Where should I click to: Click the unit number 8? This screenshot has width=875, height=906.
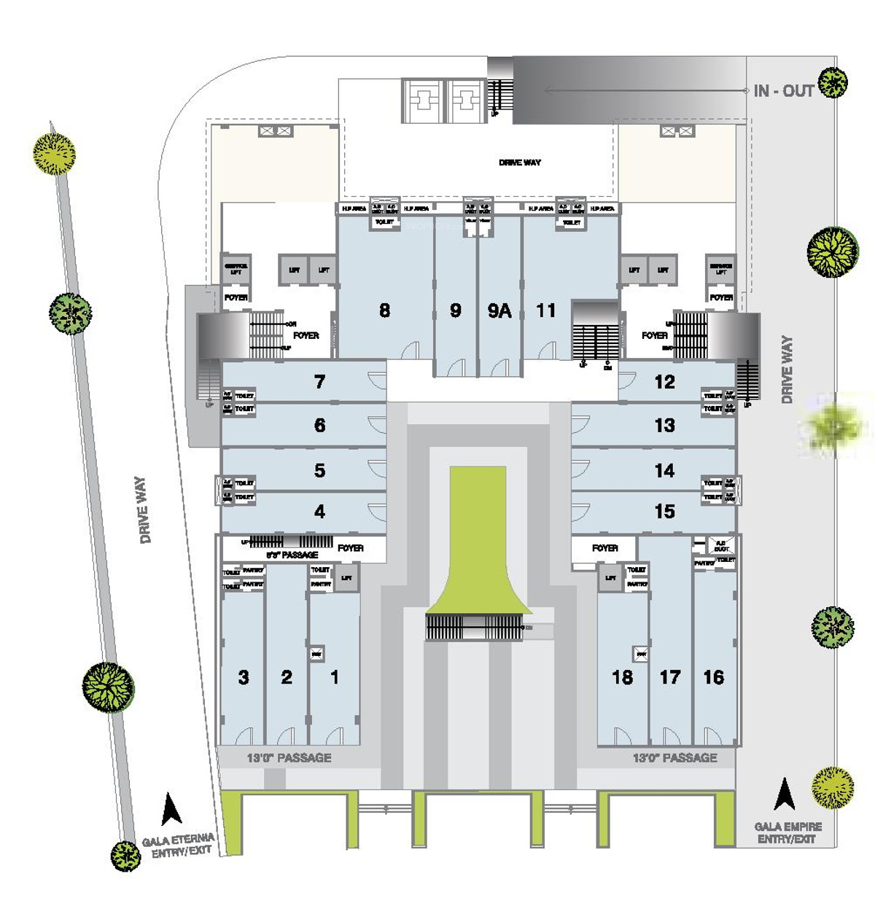pyautogui.click(x=384, y=311)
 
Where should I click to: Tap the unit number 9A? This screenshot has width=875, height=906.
pyautogui.click(x=499, y=311)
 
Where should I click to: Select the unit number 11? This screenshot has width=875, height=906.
pyautogui.click(x=545, y=311)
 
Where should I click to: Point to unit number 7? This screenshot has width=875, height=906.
pyautogui.click(x=319, y=382)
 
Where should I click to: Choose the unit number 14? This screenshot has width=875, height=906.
pyautogui.click(x=664, y=471)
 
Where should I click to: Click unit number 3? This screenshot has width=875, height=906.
pyautogui.click(x=244, y=677)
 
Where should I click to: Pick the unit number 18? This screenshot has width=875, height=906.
pyautogui.click(x=622, y=677)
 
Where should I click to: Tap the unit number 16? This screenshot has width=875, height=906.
pyautogui.click(x=713, y=677)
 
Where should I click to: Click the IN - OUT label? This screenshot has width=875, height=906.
pyautogui.click(x=783, y=91)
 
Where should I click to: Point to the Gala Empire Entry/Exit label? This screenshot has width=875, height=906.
pyautogui.click(x=788, y=832)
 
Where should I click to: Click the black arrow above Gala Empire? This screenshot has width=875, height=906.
pyautogui.click(x=785, y=794)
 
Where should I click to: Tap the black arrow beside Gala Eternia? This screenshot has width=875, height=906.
pyautogui.click(x=171, y=808)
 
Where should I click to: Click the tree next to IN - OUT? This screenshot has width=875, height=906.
pyautogui.click(x=833, y=82)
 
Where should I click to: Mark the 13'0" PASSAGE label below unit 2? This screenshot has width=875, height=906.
pyautogui.click(x=289, y=758)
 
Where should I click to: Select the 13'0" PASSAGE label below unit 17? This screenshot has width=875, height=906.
pyautogui.click(x=674, y=758)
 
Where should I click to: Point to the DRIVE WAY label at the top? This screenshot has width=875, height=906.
pyautogui.click(x=520, y=163)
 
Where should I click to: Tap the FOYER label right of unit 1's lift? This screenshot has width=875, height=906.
pyautogui.click(x=351, y=547)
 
